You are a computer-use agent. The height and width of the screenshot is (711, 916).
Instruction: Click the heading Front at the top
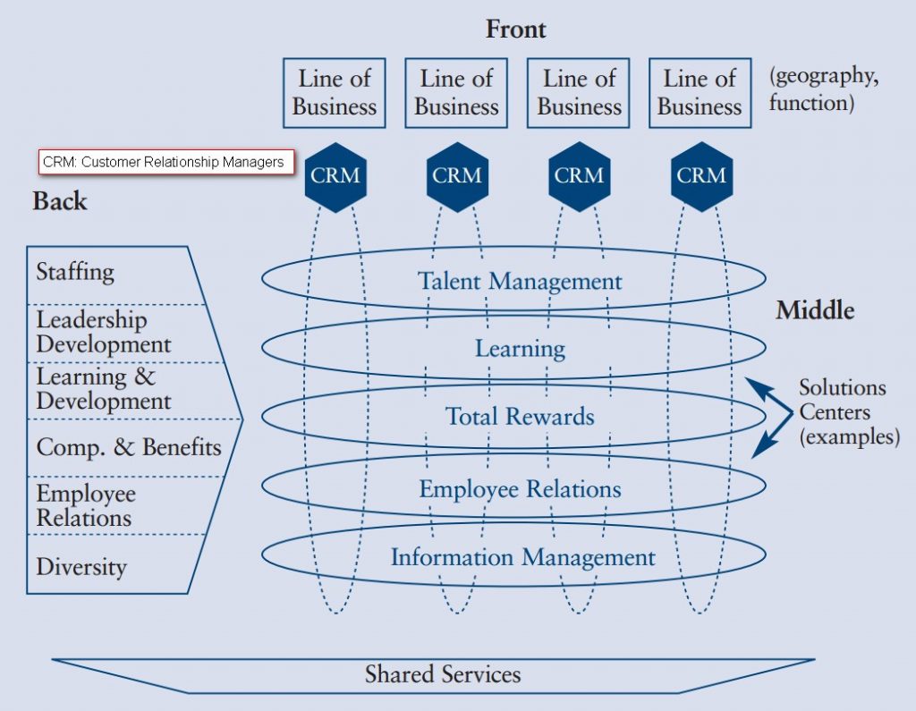515,30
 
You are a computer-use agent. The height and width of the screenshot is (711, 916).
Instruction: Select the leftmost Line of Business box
335,93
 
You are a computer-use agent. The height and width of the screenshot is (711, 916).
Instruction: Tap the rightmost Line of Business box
700,93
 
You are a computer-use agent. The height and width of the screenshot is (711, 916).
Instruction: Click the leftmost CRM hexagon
335,176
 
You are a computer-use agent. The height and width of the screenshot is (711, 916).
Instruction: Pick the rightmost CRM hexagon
701,176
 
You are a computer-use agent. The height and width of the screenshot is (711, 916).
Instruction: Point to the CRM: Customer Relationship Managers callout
166,162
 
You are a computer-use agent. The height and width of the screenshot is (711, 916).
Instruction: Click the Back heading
60,201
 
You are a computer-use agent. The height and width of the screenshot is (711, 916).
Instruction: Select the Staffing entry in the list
75,271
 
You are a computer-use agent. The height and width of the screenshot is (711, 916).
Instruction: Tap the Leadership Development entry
103,332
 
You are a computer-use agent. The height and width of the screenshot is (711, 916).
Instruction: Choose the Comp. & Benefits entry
128,446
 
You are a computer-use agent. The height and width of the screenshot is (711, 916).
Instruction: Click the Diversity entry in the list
81,567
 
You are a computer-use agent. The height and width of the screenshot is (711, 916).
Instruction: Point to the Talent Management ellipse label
520,281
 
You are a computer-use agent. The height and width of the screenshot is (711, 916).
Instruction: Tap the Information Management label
522,557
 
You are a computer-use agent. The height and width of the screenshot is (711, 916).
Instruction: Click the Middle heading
814,311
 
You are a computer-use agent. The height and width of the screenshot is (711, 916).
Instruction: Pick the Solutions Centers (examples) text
847,412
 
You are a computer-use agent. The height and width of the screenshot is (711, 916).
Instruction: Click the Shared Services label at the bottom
443,673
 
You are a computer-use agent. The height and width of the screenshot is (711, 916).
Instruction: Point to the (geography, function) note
823,89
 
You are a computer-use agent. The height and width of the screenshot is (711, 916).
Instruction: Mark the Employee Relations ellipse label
520,489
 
